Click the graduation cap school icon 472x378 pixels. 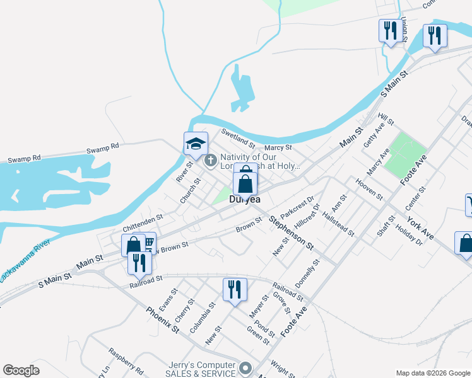click(196, 144)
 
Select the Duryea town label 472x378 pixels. click(245, 199)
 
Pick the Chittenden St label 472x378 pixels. click(143, 221)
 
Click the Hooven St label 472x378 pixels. click(369, 188)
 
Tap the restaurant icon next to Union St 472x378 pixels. click(389, 31)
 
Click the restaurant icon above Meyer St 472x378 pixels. click(234, 290)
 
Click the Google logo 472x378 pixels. click(21, 370)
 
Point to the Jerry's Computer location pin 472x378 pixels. click(245, 367)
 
